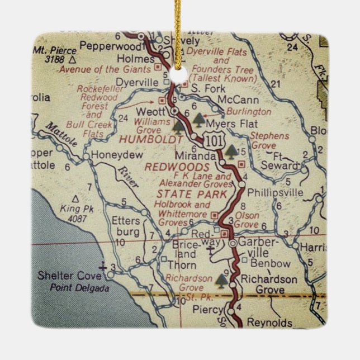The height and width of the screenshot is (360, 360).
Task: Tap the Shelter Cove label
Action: [x=70, y=276]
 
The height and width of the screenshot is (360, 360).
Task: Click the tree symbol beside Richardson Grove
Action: [x=222, y=278]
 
